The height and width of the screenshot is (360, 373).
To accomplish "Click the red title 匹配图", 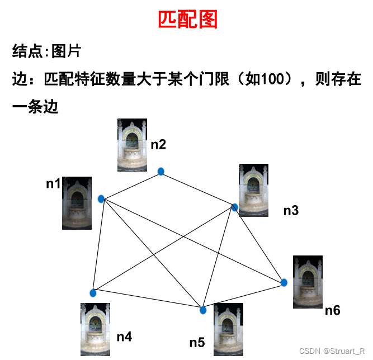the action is click(x=187, y=20).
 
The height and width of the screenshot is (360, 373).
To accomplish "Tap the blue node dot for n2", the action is click(x=161, y=172).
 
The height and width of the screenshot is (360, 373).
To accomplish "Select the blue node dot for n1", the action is click(x=101, y=199).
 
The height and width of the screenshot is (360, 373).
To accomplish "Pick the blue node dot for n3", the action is click(x=235, y=207).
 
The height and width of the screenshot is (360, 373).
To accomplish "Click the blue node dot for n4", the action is click(x=93, y=293).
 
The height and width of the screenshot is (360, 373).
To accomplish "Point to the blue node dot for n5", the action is click(x=203, y=310).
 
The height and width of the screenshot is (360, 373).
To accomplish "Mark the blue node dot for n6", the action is click(x=284, y=283).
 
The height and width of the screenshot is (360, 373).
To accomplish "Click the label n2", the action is click(x=158, y=145).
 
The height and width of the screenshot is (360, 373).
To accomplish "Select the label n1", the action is click(x=54, y=184).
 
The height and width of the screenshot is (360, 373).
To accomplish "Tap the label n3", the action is click(x=291, y=211).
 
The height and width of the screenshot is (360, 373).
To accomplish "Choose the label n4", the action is click(x=124, y=337).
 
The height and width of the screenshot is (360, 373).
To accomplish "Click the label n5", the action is click(x=197, y=343).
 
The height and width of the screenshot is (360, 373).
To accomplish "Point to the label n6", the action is click(x=333, y=310).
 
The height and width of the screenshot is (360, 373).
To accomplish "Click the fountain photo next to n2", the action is click(x=132, y=145).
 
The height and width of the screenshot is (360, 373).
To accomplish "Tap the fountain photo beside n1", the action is click(x=77, y=203).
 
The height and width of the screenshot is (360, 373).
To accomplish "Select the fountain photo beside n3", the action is click(x=253, y=190).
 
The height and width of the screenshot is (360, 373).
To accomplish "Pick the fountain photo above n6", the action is click(x=308, y=282).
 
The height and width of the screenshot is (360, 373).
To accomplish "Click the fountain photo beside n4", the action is click(x=95, y=329).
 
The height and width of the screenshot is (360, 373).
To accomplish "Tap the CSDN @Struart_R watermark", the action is click(x=332, y=351).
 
